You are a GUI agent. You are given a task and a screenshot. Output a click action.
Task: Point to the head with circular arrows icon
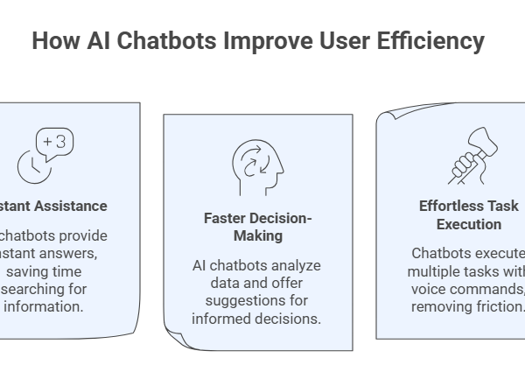click(258, 165)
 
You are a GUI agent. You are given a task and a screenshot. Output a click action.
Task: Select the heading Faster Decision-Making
click(258, 226)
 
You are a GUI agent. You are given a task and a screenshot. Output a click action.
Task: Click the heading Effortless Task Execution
click(468, 214)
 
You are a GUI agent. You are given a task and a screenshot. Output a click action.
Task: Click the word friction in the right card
click(499, 306)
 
